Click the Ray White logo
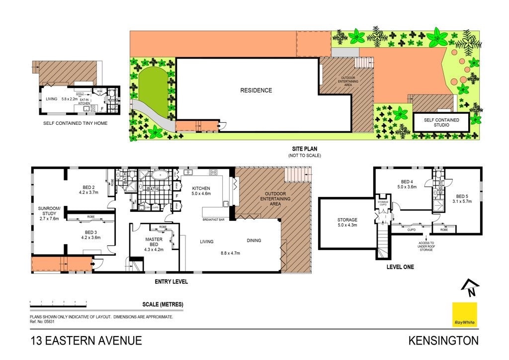(x=465, y=315)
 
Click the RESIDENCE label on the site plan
(x=256, y=90)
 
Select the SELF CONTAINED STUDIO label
(x=441, y=122)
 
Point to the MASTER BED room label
(x=154, y=242)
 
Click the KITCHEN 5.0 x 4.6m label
(x=201, y=191)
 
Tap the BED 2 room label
(x=87, y=189)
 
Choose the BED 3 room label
(x=89, y=235)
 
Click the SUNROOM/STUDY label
(x=49, y=213)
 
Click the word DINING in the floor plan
(x=254, y=241)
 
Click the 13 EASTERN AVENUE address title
(x=86, y=341)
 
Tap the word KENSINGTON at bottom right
(x=443, y=341)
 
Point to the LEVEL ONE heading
(x=400, y=267)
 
